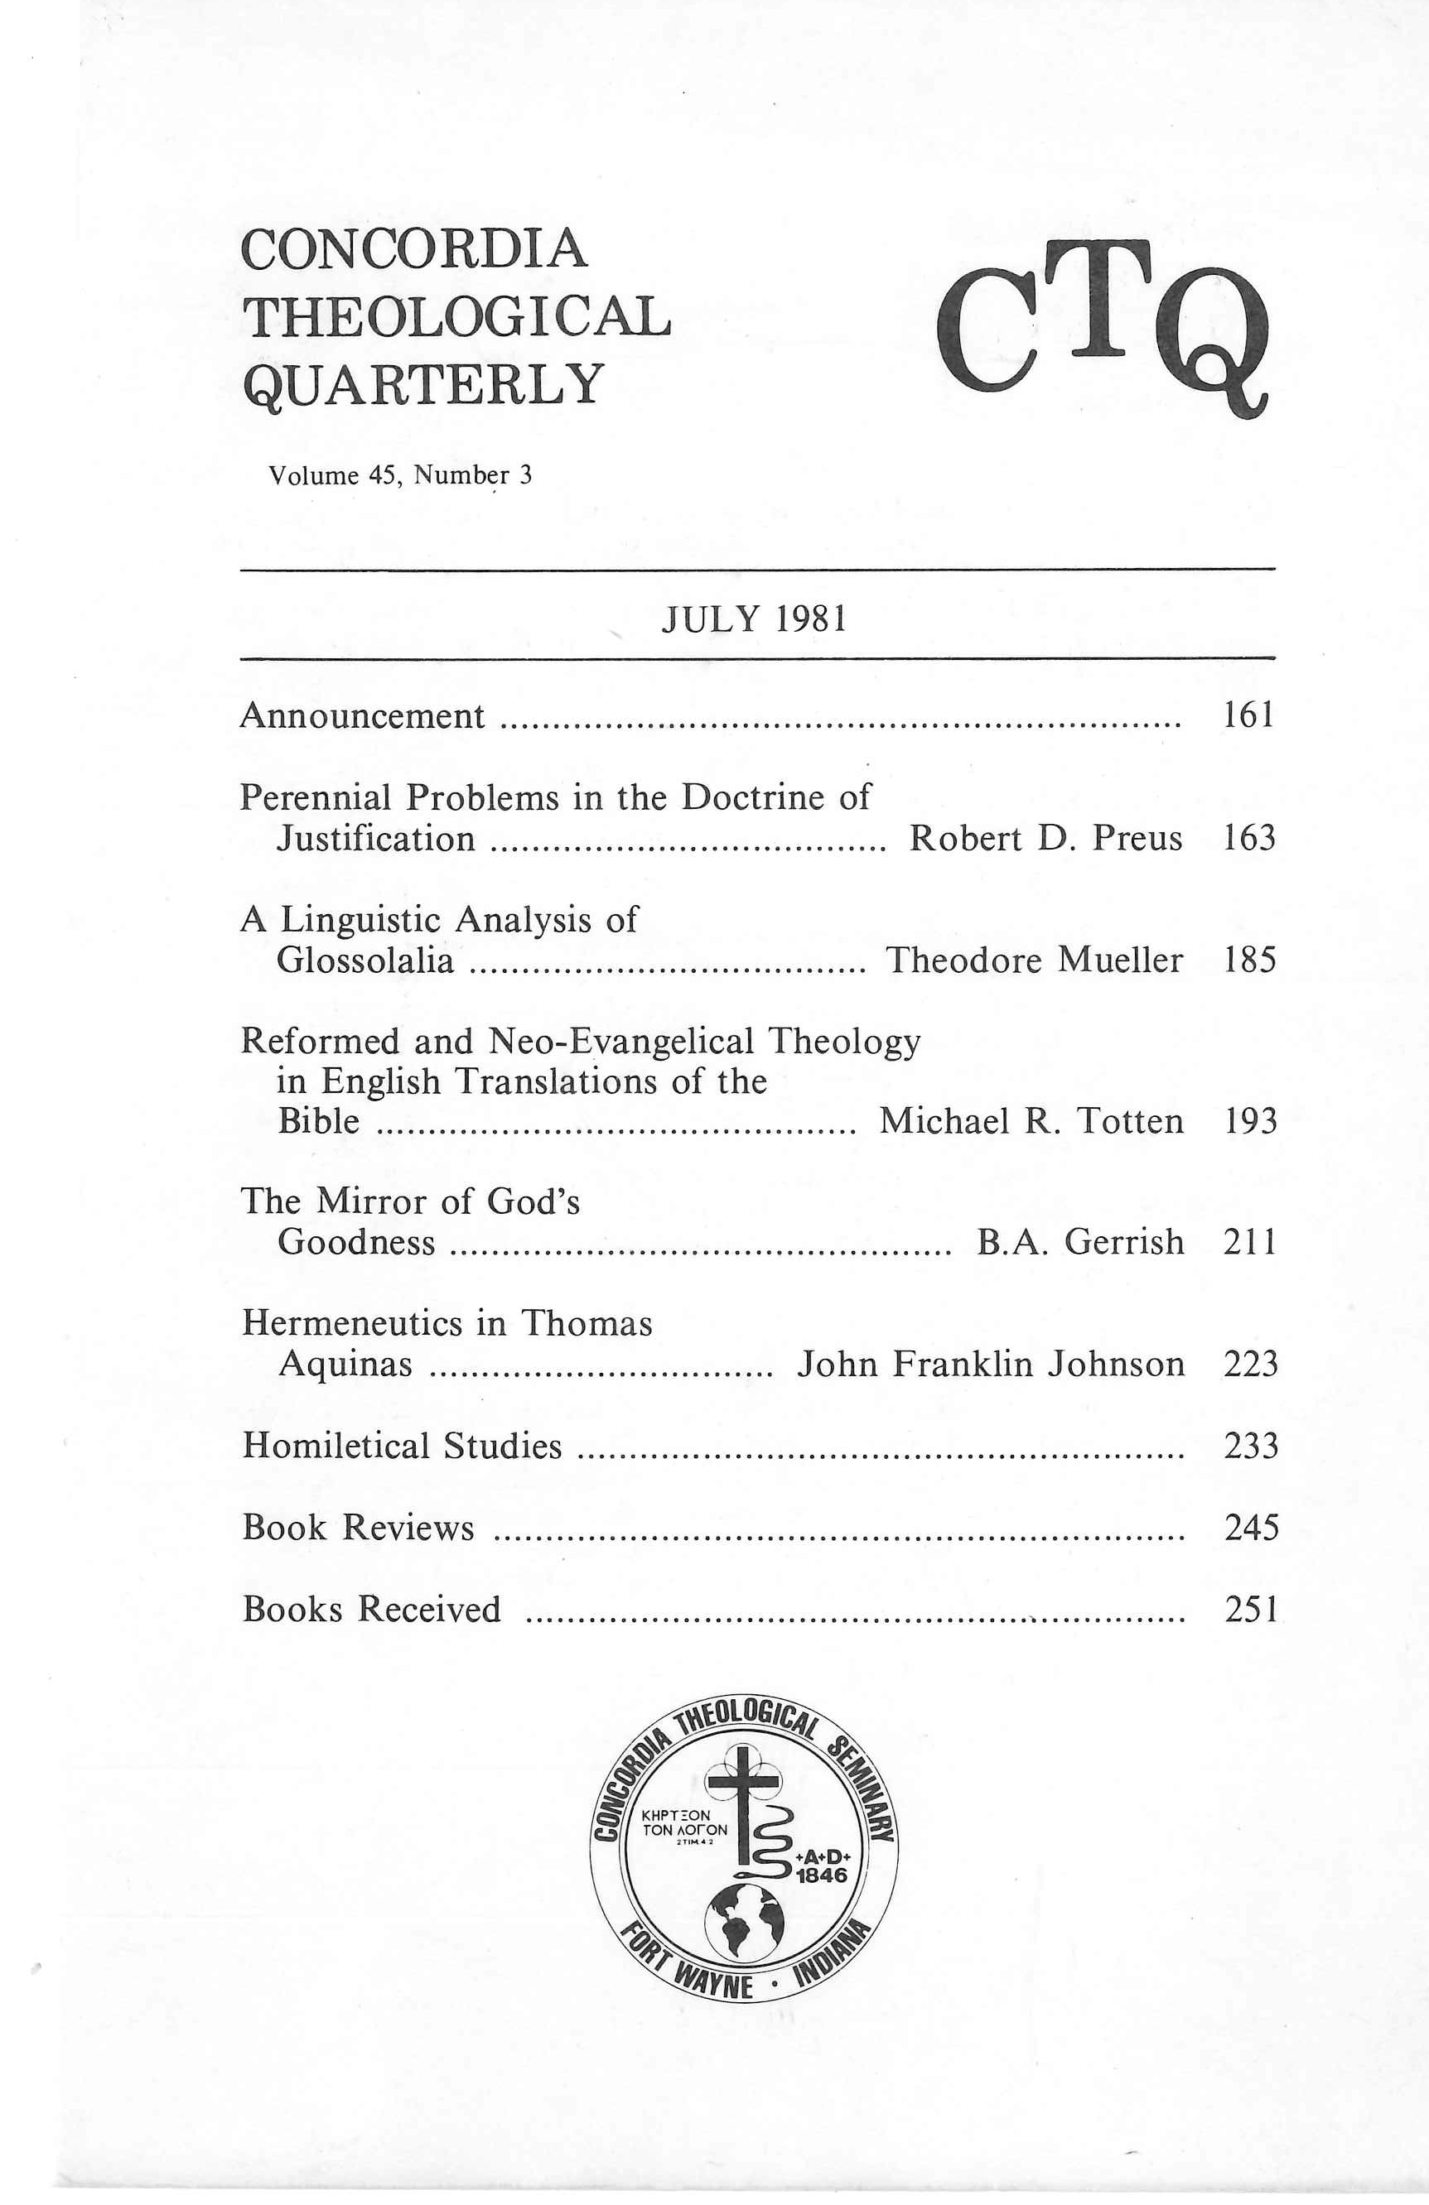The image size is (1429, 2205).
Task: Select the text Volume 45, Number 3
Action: (400, 476)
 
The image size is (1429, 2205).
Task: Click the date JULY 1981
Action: (753, 619)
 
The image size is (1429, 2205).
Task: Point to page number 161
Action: (1249, 715)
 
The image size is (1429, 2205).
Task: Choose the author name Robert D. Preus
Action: (1045, 839)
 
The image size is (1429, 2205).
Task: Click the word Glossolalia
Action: (366, 960)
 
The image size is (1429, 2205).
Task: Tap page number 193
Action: (1250, 1122)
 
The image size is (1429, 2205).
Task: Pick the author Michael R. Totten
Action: (1031, 1122)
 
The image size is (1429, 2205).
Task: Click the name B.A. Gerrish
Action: (1079, 1242)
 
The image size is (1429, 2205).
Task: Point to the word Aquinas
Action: (345, 1365)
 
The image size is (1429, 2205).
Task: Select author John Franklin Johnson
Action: (991, 1365)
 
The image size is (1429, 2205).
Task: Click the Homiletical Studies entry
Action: (403, 1447)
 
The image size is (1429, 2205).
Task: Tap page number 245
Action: (1251, 1528)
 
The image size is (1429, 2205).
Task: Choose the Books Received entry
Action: (372, 1610)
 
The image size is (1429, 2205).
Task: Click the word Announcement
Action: (362, 716)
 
